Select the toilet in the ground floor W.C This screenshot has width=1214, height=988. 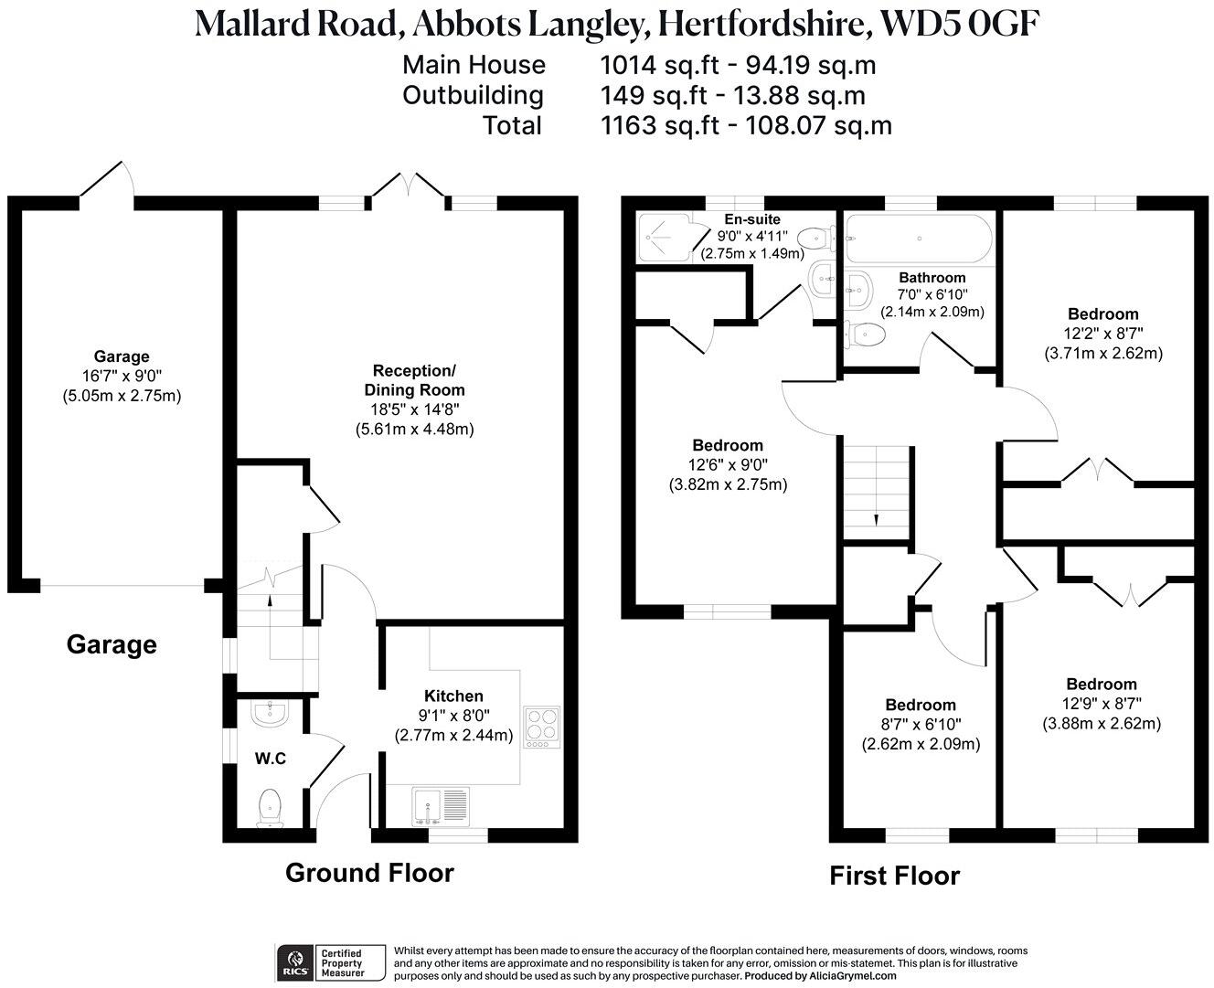(x=270, y=806)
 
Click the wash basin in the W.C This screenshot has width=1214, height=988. (x=270, y=714)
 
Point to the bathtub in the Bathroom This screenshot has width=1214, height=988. (x=917, y=239)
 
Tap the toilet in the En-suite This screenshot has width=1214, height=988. (x=815, y=239)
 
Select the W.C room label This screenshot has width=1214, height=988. (x=271, y=758)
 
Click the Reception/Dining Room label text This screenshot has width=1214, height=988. (x=414, y=379)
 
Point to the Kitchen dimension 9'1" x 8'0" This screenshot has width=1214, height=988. (x=453, y=716)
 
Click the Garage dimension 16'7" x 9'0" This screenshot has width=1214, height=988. (x=122, y=376)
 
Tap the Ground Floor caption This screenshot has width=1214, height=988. (x=369, y=873)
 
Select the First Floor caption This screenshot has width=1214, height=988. (x=894, y=876)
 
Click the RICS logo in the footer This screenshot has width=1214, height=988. (x=295, y=961)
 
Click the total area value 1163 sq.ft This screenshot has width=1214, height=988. (x=660, y=125)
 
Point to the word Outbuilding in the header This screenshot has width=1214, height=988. (x=473, y=95)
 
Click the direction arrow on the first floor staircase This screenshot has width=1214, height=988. (x=876, y=519)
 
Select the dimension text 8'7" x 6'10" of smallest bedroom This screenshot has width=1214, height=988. (x=921, y=725)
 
